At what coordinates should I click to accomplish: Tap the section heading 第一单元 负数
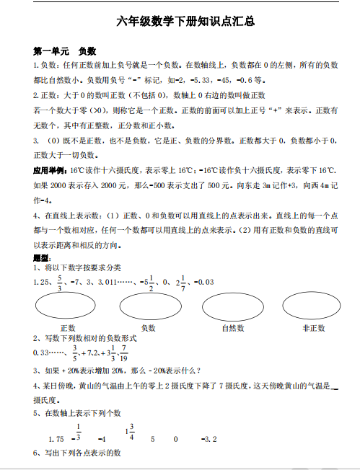pyautogui.click(x=64, y=52)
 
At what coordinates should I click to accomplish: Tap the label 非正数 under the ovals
pyautogui.click(x=313, y=328)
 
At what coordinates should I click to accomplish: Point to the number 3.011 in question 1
pyautogui.click(x=110, y=282)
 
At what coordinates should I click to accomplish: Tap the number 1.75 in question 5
pyautogui.click(x=57, y=438)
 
